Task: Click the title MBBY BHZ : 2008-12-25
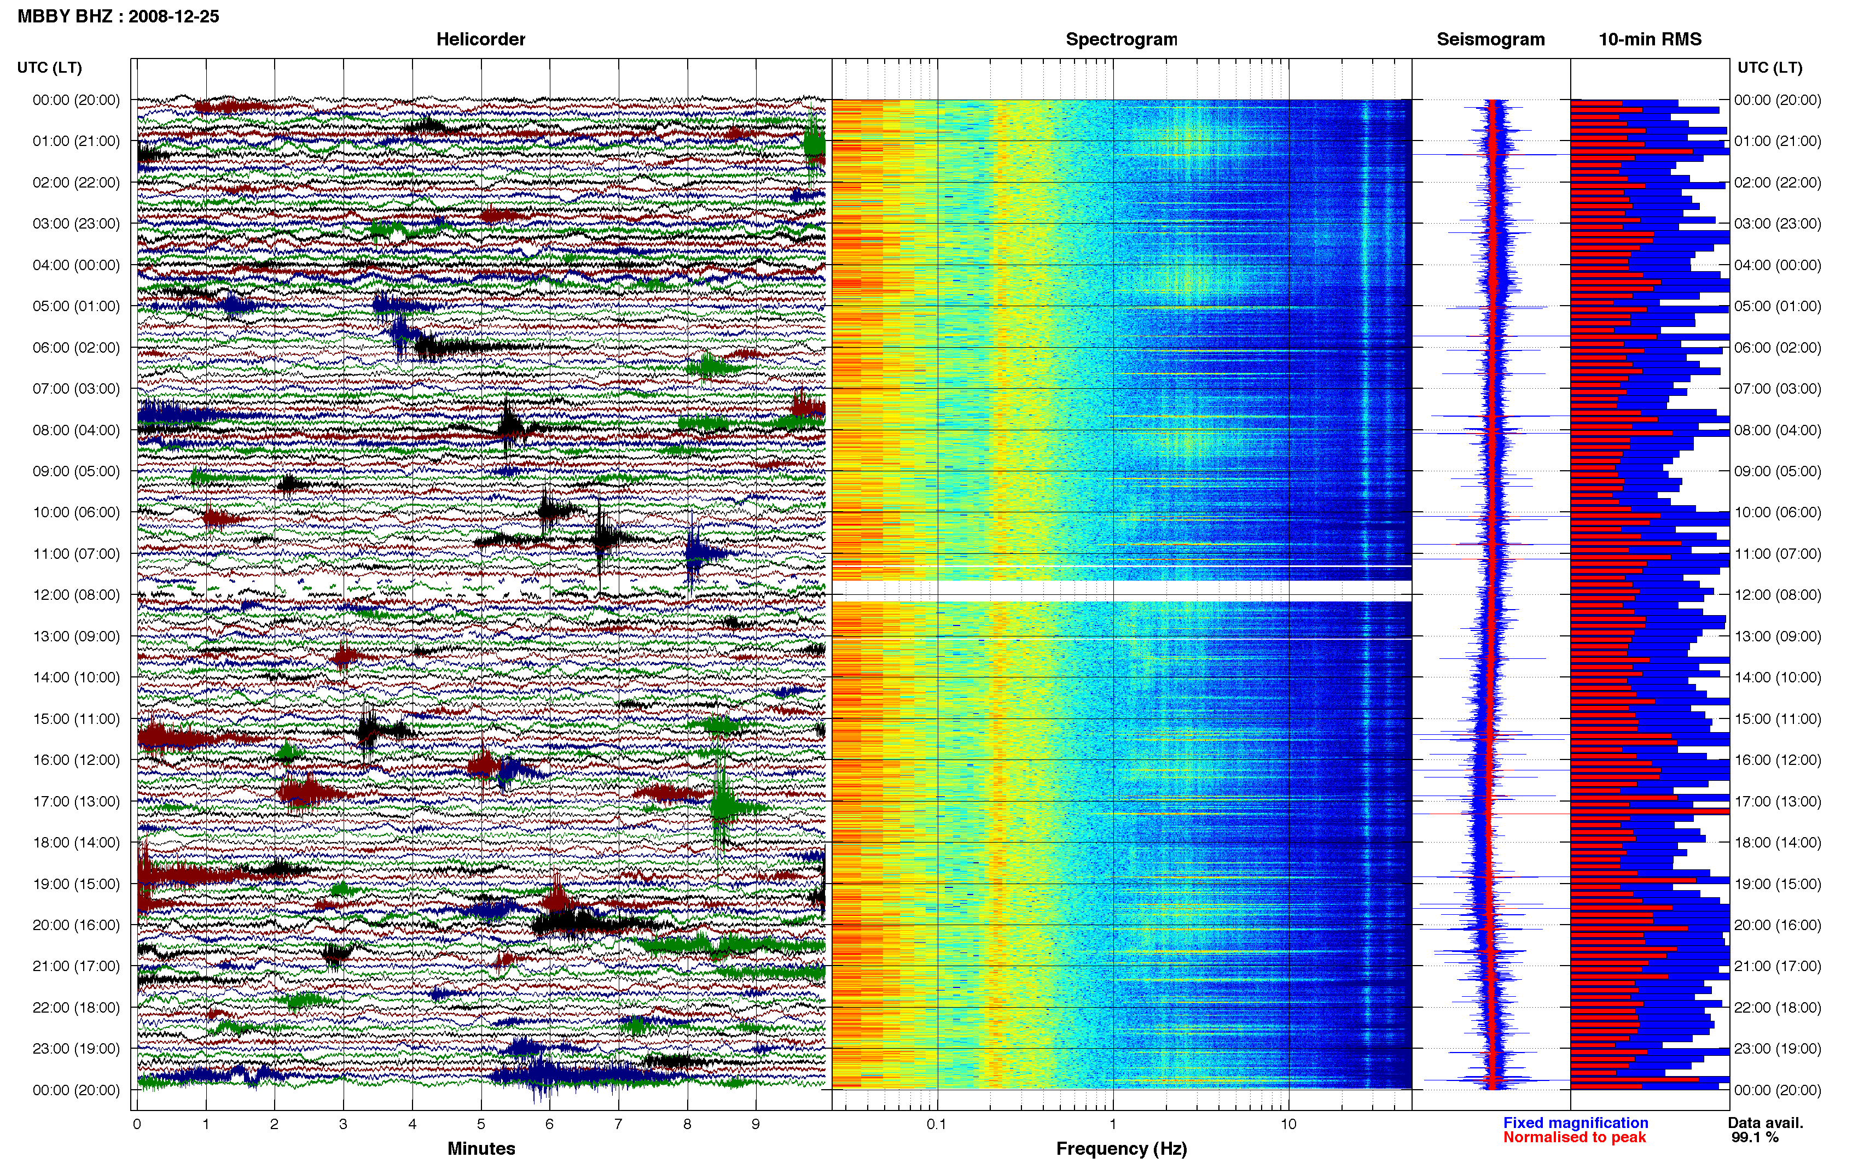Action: pos(118,16)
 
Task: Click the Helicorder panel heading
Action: pos(480,39)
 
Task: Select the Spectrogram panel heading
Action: pos(1122,39)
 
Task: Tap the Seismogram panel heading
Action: pos(1490,39)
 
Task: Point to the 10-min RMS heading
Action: pos(1650,39)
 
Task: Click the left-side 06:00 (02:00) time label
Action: pos(76,347)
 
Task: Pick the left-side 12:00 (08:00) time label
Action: pos(76,594)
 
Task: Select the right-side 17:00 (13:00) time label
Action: pos(1777,801)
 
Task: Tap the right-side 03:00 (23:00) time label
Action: pos(1777,224)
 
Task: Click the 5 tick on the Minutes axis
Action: pos(481,1124)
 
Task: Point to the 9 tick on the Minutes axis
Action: pos(756,1124)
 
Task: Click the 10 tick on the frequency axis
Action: pos(1288,1124)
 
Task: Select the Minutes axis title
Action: pos(481,1148)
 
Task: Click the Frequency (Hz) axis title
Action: pos(1122,1149)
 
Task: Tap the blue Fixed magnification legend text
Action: pos(1575,1123)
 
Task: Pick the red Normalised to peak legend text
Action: pos(1575,1137)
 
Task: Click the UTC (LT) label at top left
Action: pos(49,67)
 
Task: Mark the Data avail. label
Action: pos(1766,1123)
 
